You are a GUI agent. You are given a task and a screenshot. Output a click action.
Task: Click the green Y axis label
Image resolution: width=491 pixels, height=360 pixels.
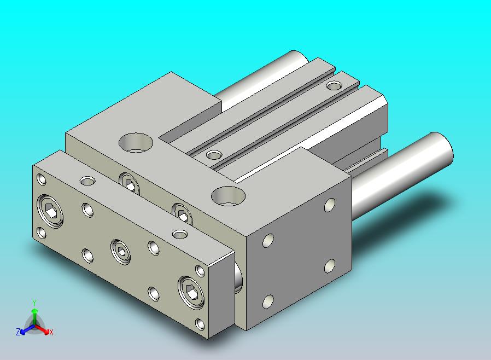point(34,303)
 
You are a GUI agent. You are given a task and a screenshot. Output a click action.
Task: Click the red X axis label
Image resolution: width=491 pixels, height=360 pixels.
point(51,332)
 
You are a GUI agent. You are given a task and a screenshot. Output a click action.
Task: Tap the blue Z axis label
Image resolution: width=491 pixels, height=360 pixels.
point(18,332)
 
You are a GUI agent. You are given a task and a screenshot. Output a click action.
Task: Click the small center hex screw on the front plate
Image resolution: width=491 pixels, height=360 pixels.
point(120,252)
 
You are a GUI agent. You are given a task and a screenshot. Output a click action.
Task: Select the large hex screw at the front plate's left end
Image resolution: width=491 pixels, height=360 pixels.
point(50,211)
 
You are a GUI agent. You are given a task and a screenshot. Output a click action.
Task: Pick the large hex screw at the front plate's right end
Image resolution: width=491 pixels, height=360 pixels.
point(191,293)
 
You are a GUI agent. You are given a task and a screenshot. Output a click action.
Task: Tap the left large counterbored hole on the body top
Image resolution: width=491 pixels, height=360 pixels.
point(136,143)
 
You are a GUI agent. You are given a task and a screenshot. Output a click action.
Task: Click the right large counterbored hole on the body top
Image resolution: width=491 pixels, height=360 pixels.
point(229,196)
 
